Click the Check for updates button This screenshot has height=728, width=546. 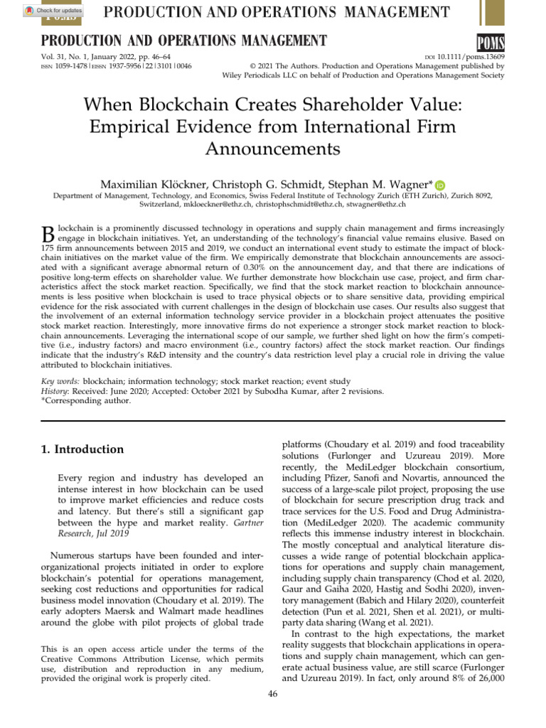(53, 11)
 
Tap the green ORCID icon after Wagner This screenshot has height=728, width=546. (439, 184)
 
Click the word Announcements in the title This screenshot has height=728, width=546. (272, 149)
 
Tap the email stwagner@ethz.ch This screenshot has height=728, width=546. (376, 205)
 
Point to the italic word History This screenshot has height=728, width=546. (55, 391)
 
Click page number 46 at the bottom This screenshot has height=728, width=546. (273, 694)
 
